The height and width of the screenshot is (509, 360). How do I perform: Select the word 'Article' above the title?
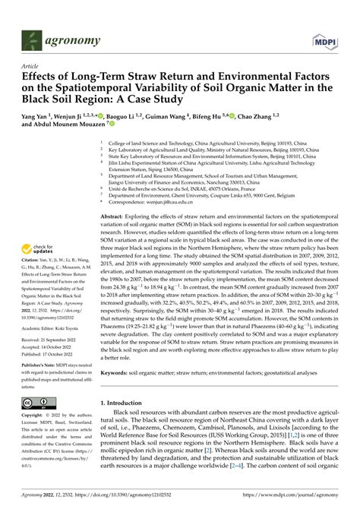point(31,66)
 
